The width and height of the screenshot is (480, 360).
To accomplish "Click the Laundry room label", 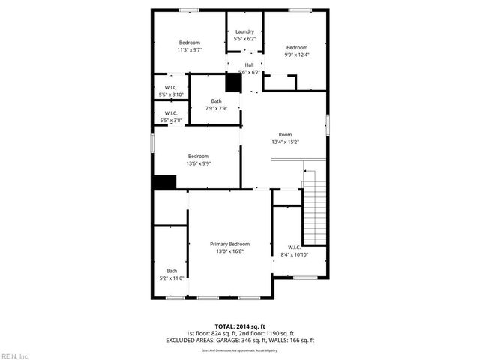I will pyautogui.click(x=244, y=31).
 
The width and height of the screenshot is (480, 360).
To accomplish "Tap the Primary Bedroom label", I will pyautogui.click(x=229, y=244).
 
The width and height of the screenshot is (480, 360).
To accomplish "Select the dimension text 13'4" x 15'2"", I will pyautogui.click(x=285, y=142).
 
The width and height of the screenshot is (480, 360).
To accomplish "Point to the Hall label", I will pyautogui.click(x=249, y=65).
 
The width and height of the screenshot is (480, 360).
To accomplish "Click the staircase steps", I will pyautogui.click(x=315, y=214).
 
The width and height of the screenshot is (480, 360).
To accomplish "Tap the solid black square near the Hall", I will pyautogui.click(x=233, y=82).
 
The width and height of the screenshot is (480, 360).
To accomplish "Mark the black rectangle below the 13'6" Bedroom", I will pyautogui.click(x=163, y=182).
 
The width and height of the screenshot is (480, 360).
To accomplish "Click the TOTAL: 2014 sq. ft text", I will pyautogui.click(x=239, y=326).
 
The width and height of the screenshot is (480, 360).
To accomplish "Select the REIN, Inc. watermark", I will pyautogui.click(x=15, y=355).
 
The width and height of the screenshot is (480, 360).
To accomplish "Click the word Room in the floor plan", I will pyautogui.click(x=285, y=135).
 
